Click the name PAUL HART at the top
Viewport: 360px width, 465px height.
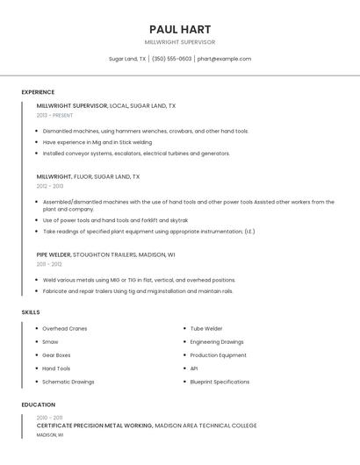click(180, 29)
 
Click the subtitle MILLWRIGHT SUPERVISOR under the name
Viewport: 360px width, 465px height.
click(180, 42)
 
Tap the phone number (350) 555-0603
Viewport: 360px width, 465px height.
click(172, 59)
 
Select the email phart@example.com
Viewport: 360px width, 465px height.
click(224, 59)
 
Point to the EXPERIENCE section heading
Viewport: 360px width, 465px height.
click(38, 92)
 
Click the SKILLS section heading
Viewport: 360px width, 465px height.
click(31, 312)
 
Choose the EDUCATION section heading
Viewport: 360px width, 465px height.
click(39, 404)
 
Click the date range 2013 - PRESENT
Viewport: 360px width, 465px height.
click(55, 115)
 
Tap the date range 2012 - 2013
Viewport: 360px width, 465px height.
click(50, 186)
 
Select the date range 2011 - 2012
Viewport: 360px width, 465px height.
click(49, 263)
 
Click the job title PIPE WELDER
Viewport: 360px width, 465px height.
click(54, 254)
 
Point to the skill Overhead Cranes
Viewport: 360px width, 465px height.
click(65, 329)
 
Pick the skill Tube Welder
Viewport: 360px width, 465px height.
click(206, 329)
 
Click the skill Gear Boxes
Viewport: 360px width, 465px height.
click(57, 355)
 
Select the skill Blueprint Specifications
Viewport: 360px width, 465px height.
click(220, 382)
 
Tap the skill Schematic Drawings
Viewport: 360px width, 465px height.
click(68, 382)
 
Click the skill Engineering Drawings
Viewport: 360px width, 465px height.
click(217, 342)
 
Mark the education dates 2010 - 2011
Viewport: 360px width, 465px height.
click(49, 418)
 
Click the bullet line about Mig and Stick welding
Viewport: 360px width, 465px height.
click(97, 141)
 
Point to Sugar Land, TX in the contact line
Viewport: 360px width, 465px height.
click(127, 59)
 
